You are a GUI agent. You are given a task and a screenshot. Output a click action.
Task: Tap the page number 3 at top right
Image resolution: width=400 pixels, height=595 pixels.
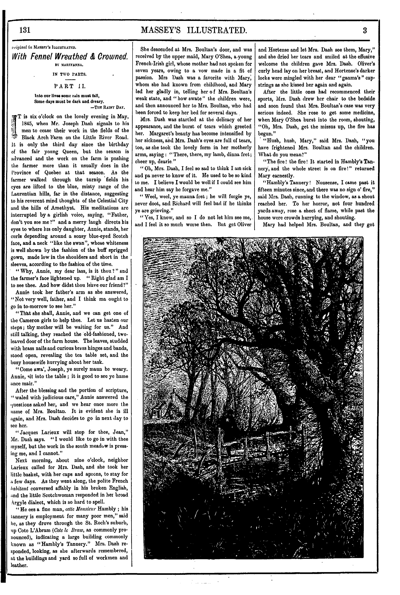coord(365,31)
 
